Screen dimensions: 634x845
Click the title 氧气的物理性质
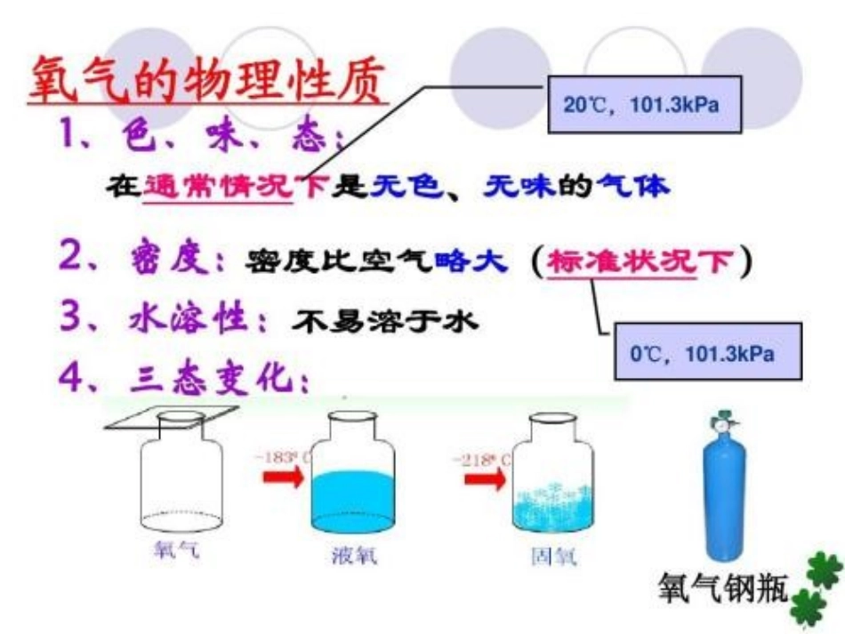pos(207,83)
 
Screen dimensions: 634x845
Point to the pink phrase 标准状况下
pos(642,261)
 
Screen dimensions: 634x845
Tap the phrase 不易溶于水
pos(385,321)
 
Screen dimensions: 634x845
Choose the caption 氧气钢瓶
pos(723,587)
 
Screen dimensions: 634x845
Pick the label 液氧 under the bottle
pos(353,556)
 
